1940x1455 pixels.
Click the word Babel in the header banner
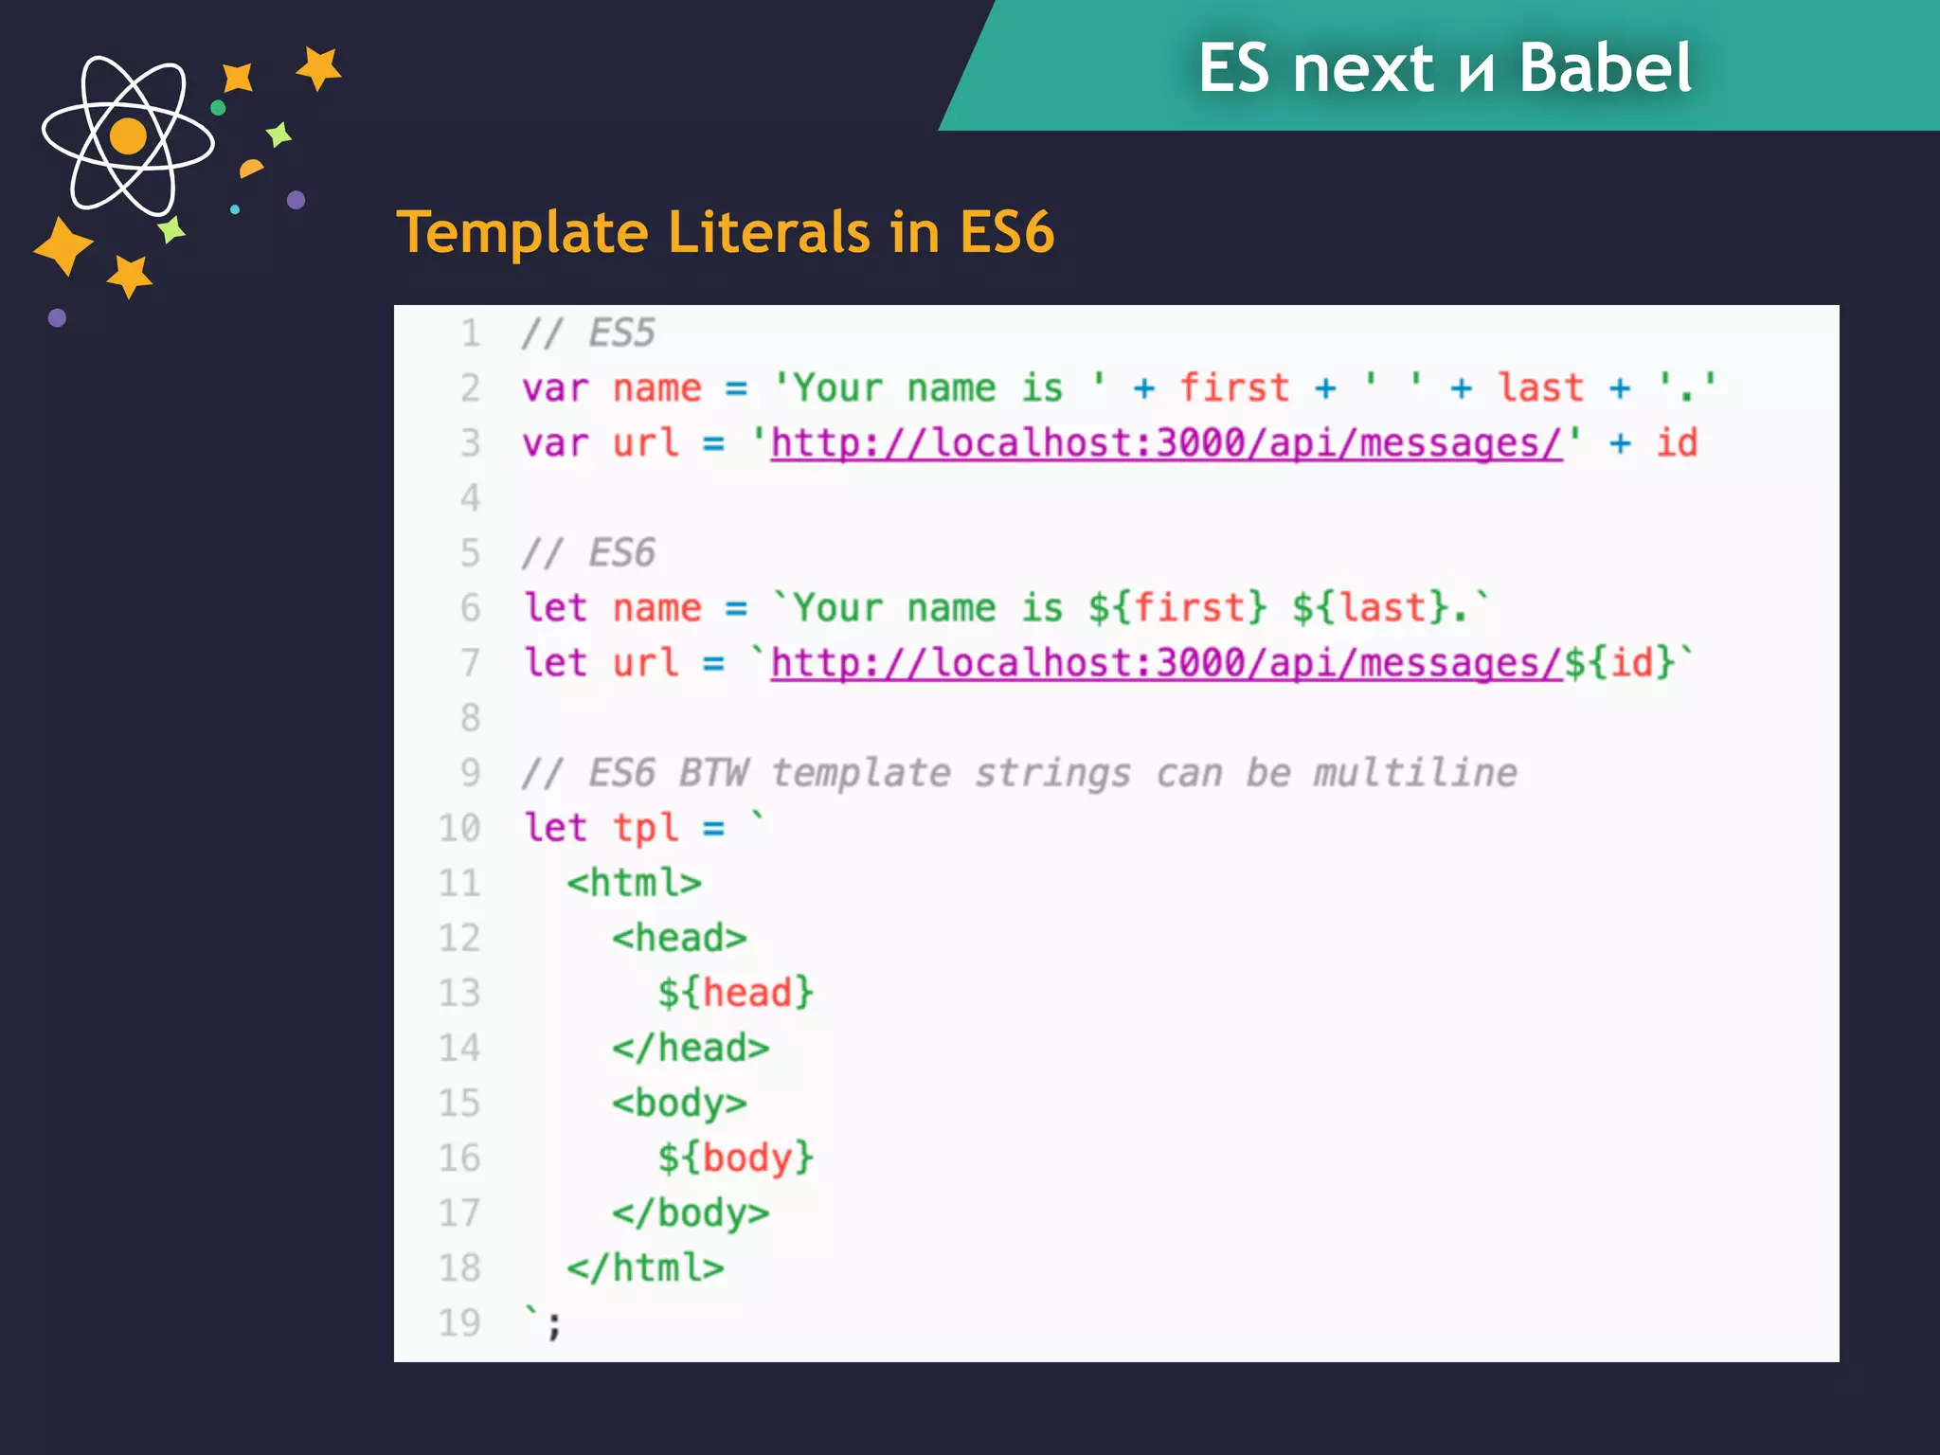pos(1605,68)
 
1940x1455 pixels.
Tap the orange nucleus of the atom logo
pos(129,136)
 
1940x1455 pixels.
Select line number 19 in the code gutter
pos(459,1322)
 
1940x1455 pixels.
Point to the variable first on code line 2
pos(1234,388)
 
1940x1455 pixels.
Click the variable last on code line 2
pos(1540,388)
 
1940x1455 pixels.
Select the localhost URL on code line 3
pos(1166,443)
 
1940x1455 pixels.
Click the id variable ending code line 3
pos(1676,443)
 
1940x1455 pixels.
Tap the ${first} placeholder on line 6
pos(1177,608)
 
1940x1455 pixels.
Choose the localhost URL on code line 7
pos(1166,663)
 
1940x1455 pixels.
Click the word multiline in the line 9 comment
pos(1414,773)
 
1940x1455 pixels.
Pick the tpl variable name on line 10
pos(646,828)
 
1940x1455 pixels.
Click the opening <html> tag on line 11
pos(635,883)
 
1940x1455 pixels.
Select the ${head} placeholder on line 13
pos(736,993)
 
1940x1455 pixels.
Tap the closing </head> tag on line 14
pos(691,1048)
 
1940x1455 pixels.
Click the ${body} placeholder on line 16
pos(736,1158)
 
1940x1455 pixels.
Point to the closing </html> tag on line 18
pos(645,1267)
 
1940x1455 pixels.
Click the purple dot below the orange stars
pos(57,318)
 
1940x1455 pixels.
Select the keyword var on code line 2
pos(555,388)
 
